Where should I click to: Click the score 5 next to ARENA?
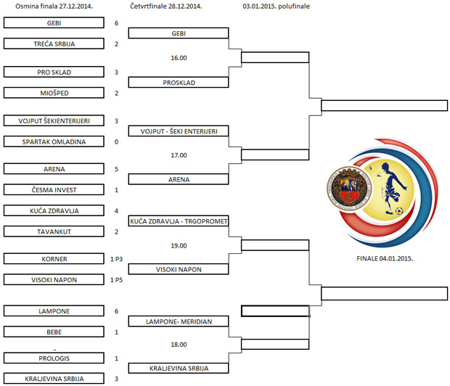point(116,169)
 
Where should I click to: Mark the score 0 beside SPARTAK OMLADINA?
point(116,141)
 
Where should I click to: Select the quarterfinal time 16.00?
point(179,58)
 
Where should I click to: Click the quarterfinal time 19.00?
point(179,245)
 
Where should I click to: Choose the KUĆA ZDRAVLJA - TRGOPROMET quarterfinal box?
point(179,221)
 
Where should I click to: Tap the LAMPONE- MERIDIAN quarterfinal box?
point(179,321)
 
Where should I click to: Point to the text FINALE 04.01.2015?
point(380,258)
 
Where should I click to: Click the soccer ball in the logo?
point(398,211)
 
